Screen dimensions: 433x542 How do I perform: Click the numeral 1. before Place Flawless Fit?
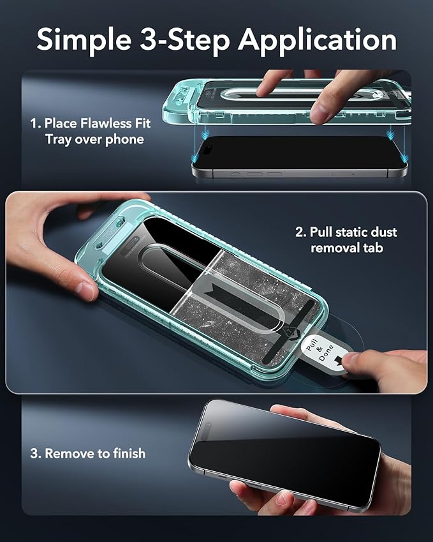(36, 123)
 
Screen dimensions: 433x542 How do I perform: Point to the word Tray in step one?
(58, 140)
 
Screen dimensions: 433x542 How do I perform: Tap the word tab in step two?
(372, 248)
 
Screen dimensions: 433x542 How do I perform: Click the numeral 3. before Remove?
(36, 453)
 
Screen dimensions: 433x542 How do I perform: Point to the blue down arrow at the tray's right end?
(390, 133)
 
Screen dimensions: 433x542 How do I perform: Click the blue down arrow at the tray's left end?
(205, 133)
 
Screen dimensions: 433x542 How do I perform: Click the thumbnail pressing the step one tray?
(319, 111)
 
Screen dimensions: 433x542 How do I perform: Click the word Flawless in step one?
(106, 123)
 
